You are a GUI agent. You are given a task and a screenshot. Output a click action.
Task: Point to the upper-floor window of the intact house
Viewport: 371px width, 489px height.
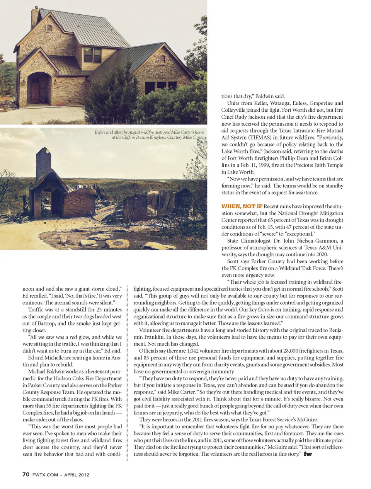92,55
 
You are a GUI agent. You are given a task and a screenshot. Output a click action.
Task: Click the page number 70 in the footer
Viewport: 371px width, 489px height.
26,474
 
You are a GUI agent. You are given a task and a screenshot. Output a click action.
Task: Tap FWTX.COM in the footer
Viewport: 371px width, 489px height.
45,475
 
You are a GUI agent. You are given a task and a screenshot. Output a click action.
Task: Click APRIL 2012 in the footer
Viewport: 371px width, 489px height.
77,475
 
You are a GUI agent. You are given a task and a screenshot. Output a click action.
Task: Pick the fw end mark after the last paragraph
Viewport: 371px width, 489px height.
308,454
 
